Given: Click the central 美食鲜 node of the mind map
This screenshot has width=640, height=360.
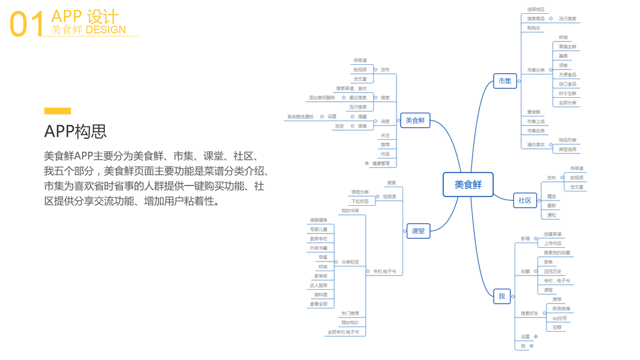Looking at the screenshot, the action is tap(468, 184).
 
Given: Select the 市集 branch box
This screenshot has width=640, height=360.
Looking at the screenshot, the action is tap(505, 81).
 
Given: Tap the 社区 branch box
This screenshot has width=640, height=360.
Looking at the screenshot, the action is tap(525, 200).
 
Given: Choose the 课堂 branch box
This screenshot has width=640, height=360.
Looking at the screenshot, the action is tap(418, 231).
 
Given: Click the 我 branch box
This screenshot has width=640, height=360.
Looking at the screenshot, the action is tap(501, 296).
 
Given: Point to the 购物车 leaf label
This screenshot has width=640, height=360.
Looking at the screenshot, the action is tap(534, 28).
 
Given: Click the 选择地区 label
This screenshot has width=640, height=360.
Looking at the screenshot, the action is tap(536, 10).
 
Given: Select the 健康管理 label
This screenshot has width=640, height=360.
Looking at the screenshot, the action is tap(381, 163).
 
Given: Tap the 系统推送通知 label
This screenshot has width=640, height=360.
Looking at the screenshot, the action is tap(300, 117).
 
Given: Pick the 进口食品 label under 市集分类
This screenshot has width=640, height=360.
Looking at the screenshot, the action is tap(567, 84).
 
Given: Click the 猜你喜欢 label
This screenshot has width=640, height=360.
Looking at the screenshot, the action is tap(536, 145).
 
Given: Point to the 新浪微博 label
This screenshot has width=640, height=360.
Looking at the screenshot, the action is tap(561, 308).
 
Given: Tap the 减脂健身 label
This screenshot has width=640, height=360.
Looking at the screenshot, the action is tap(319, 220).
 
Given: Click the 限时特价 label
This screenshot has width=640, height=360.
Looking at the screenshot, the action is tap(350, 323).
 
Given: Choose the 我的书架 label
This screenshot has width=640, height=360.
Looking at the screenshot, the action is tap(350, 211).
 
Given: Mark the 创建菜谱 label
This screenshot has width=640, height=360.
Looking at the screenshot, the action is tap(552, 234).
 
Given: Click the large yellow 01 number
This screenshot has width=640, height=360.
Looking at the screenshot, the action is tap(27, 24).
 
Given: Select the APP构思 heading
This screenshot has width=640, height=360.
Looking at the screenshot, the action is tap(75, 131).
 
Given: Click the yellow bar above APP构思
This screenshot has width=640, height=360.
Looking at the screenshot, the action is tap(58, 111).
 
